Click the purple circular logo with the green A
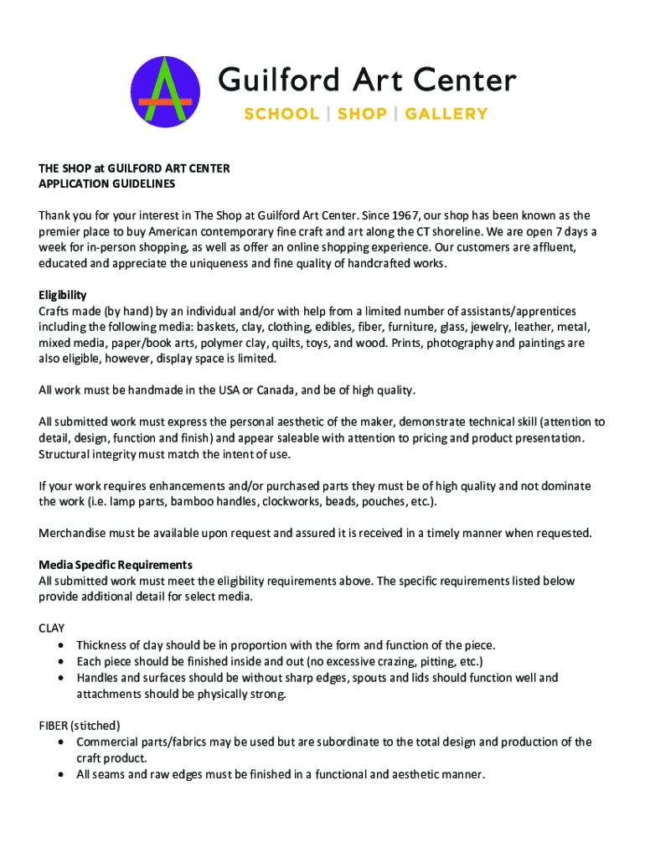(165, 92)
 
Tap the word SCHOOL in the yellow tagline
(281, 114)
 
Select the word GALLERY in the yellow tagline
(446, 114)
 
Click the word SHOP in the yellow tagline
(362, 114)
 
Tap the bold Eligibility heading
(63, 295)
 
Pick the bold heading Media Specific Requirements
(116, 565)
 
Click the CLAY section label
(52, 628)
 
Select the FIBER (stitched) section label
(80, 725)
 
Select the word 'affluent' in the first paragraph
(544, 247)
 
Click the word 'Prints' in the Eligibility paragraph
(441, 343)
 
